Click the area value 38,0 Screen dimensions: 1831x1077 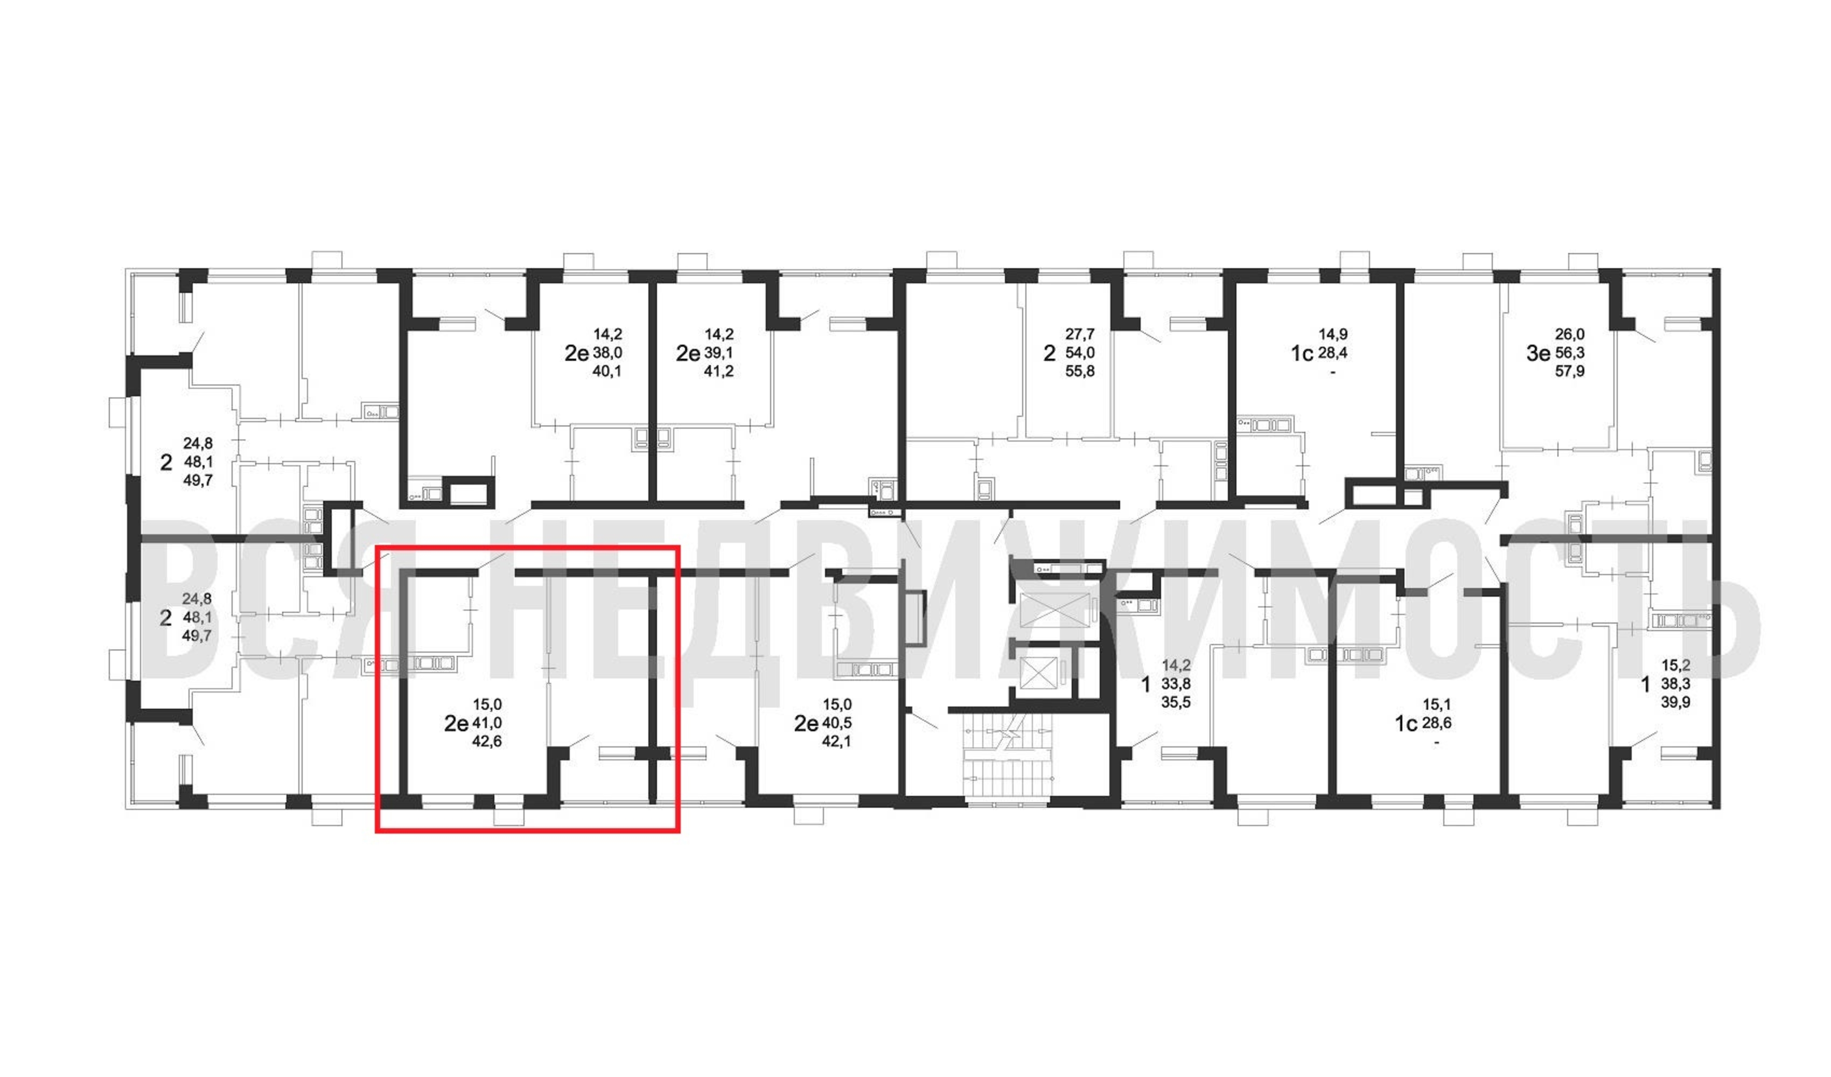pyautogui.click(x=607, y=353)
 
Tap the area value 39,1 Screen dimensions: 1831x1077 pyautogui.click(x=718, y=353)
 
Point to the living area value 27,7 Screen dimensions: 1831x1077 pyautogui.click(x=1080, y=334)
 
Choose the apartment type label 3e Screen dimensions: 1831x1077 pyautogui.click(x=1538, y=354)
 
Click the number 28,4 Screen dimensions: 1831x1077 pyautogui.click(x=1332, y=353)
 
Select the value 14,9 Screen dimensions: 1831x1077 pyautogui.click(x=1332, y=334)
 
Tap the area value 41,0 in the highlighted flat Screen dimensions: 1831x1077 pyautogui.click(x=487, y=723)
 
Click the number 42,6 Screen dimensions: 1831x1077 pyautogui.click(x=487, y=742)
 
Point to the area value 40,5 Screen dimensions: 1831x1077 pyautogui.click(x=837, y=723)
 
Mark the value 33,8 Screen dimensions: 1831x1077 pyautogui.click(x=1176, y=684)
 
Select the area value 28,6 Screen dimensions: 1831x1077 pyautogui.click(x=1436, y=723)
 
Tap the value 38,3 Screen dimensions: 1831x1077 pyautogui.click(x=1675, y=684)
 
